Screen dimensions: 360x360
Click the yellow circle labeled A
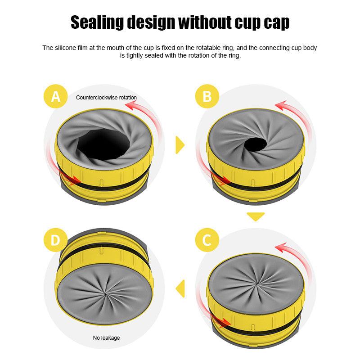coord(56,96)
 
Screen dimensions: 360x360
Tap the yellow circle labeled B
coord(207,96)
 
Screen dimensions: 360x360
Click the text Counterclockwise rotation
coord(106,97)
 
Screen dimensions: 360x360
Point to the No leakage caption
coord(106,337)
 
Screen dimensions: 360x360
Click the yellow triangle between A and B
coord(180,145)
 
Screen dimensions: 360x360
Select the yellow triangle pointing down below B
coord(256,216)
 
